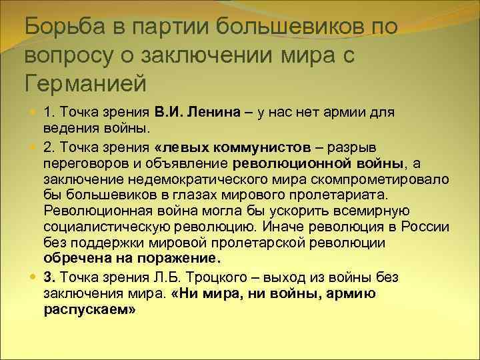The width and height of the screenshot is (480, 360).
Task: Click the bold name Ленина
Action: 211,112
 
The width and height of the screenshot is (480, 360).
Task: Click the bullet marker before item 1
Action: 33,112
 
